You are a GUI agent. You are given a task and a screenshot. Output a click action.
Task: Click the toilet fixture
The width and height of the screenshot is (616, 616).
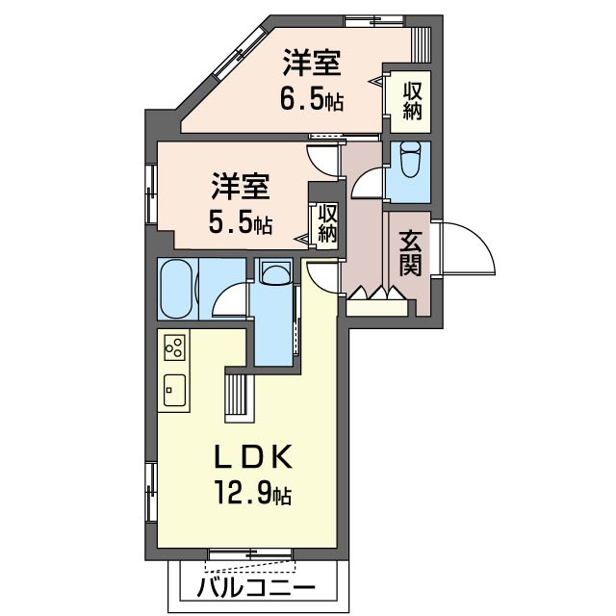point(409,162)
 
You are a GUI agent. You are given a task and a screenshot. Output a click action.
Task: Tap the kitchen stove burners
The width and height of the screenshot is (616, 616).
point(174,345)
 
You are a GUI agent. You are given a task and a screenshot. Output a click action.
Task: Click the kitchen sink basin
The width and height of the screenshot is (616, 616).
point(174,390)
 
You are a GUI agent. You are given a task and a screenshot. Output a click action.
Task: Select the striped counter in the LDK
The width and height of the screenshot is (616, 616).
point(238,395)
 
